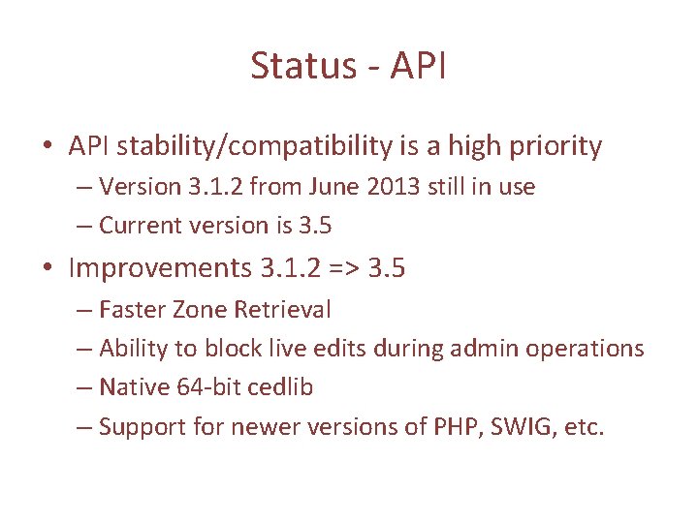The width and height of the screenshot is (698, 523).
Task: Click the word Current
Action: tap(135, 226)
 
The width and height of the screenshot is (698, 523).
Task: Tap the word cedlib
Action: tap(281, 387)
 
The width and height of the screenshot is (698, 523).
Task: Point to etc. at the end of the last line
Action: tap(584, 427)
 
